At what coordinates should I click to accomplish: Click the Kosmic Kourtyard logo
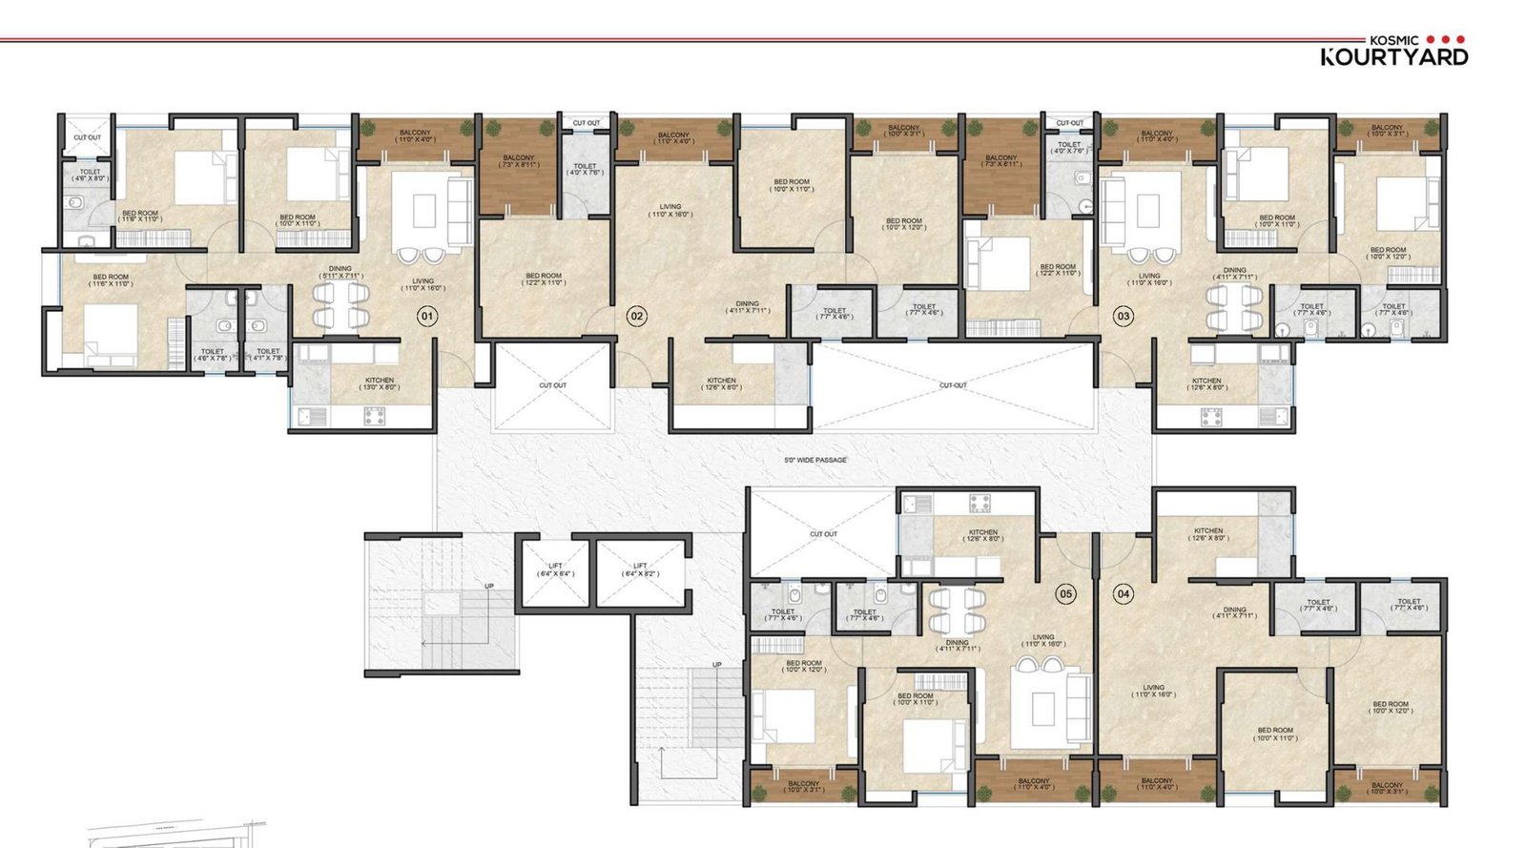[x=1393, y=51]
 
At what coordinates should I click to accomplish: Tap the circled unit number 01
[x=427, y=316]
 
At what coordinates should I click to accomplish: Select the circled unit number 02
[x=636, y=316]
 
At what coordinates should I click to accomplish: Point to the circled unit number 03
[x=1124, y=316]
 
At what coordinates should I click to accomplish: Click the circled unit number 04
[x=1123, y=594]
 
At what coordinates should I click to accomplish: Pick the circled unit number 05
[x=1065, y=594]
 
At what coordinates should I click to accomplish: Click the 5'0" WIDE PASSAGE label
[x=815, y=460]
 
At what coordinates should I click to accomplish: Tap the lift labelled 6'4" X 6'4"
[x=555, y=570]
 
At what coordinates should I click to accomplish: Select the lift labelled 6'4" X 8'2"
[x=640, y=570]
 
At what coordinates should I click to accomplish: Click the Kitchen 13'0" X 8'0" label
[x=380, y=383]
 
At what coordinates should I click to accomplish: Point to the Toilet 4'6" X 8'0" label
[x=90, y=176]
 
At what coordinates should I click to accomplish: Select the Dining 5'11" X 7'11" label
[x=340, y=273]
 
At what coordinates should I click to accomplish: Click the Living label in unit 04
[x=1153, y=691]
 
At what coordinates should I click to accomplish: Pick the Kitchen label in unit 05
[x=982, y=535]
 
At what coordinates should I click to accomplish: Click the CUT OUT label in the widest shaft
[x=952, y=385]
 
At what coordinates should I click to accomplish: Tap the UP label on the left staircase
[x=489, y=587]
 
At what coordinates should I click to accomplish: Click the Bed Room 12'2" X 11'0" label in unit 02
[x=544, y=279]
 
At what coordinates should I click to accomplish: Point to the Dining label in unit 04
[x=1234, y=612]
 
